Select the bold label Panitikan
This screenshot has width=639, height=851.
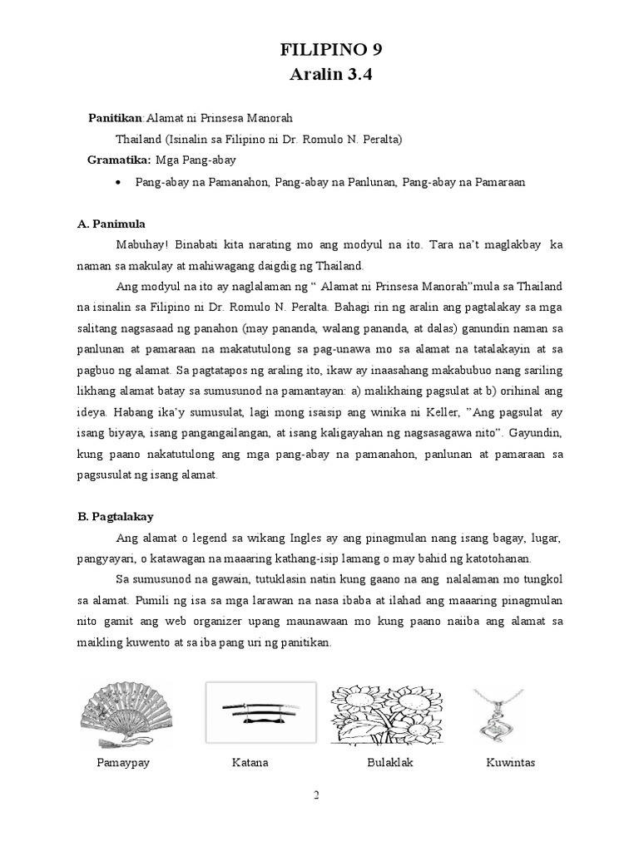pos(116,118)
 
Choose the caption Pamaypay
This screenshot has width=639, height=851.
pos(123,762)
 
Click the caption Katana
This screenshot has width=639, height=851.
pos(250,762)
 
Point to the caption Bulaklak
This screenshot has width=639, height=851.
pos(389,762)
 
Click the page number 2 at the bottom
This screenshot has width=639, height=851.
pos(316,795)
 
